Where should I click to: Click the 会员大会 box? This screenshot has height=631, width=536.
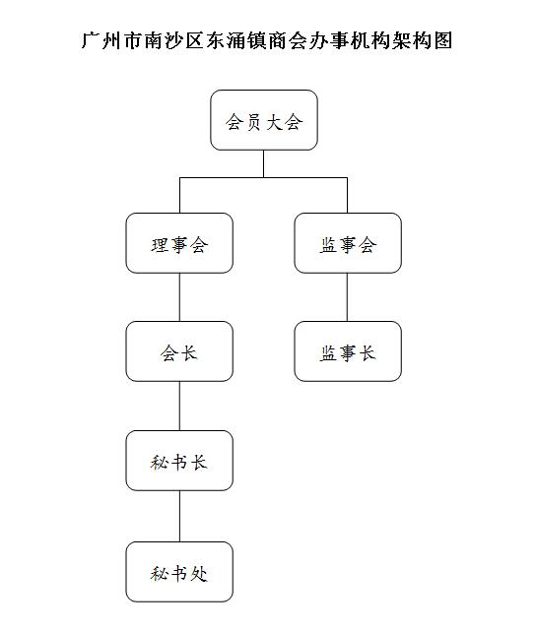tap(264, 120)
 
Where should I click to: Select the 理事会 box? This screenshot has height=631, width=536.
tap(179, 243)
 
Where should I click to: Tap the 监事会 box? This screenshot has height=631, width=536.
tap(348, 243)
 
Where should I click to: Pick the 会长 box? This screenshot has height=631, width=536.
tap(179, 351)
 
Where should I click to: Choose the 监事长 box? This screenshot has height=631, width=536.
tap(348, 351)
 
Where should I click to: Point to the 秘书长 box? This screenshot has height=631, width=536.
tap(179, 461)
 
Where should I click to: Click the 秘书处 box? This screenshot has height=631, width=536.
tap(179, 572)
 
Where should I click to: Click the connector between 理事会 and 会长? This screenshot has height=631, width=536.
tap(179, 297)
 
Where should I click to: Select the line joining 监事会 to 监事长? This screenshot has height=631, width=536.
tap(347, 297)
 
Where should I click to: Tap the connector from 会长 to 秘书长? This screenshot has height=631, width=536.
tap(179, 406)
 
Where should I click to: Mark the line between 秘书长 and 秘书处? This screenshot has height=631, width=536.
tap(179, 516)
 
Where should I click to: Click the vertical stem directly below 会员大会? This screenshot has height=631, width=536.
tap(263, 163)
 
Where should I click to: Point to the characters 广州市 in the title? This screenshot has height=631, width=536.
tap(112, 40)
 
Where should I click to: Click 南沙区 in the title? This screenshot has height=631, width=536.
tap(174, 40)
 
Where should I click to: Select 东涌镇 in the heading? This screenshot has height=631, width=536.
tap(236, 40)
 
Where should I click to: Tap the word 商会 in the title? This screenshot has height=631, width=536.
tap(288, 40)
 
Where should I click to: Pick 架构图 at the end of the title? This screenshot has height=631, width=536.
tap(423, 40)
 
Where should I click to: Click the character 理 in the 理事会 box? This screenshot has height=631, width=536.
tap(160, 245)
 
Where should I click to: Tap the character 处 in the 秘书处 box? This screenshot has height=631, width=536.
tap(199, 574)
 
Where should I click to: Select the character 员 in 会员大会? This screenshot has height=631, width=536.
tap(254, 121)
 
